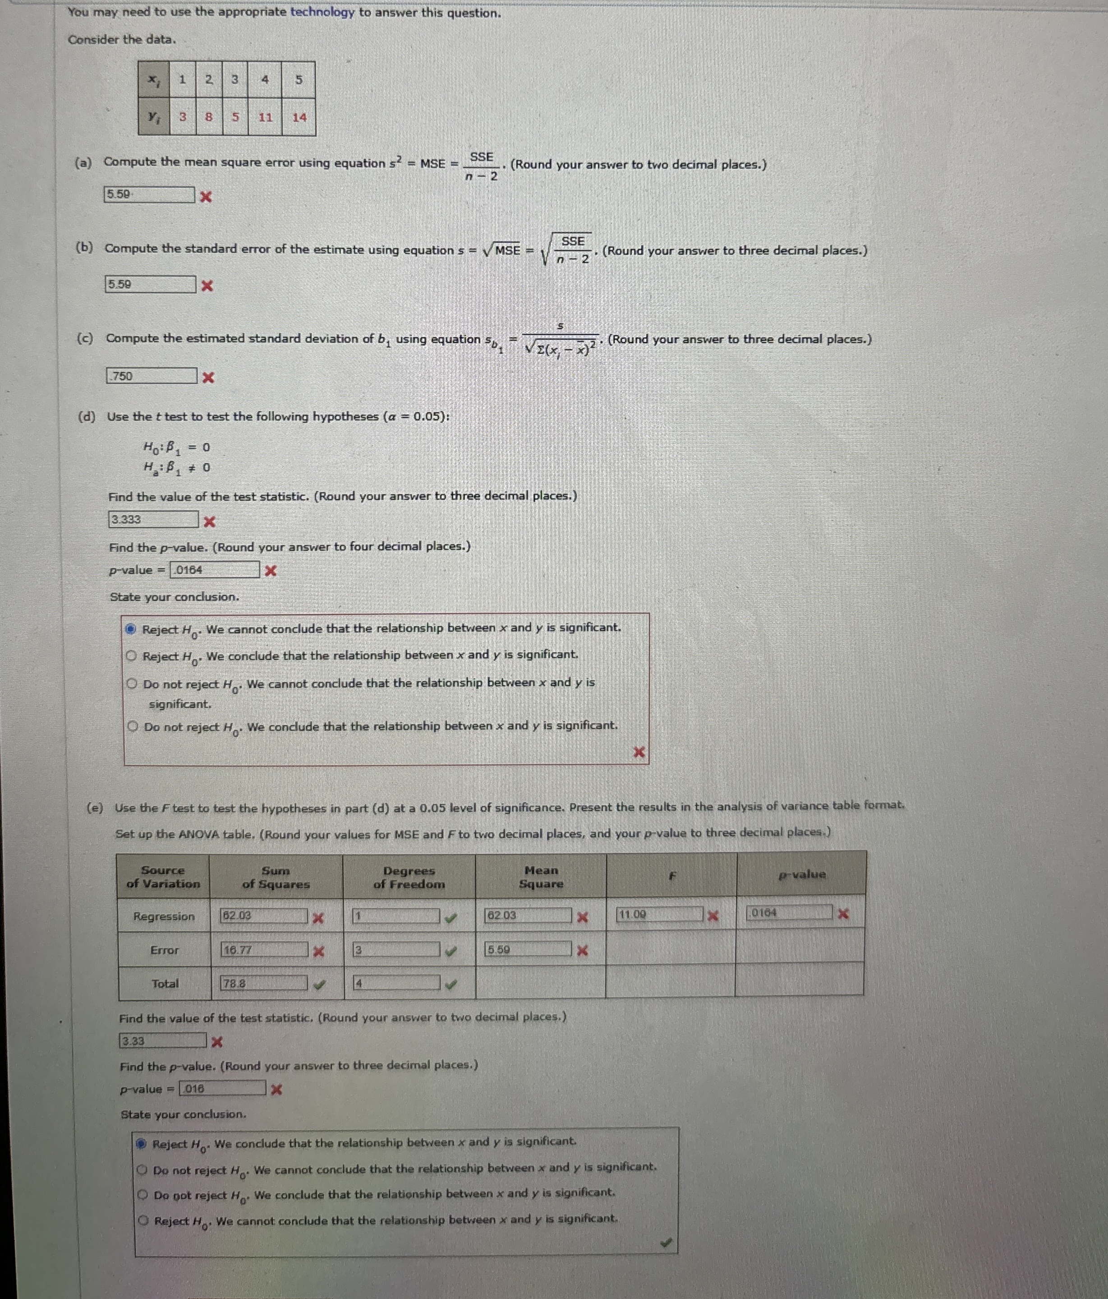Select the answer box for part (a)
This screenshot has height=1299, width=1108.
(149, 195)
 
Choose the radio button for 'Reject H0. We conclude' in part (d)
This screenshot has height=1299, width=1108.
(131, 656)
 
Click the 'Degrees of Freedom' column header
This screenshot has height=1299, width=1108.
(409, 877)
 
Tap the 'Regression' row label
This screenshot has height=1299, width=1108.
(164, 916)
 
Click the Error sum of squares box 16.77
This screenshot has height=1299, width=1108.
(264, 950)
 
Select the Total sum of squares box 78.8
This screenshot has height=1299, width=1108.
(264, 984)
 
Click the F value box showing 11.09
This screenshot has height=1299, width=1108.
(659, 915)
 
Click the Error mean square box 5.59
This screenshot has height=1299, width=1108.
(529, 950)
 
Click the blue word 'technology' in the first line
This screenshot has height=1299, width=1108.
(322, 12)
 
